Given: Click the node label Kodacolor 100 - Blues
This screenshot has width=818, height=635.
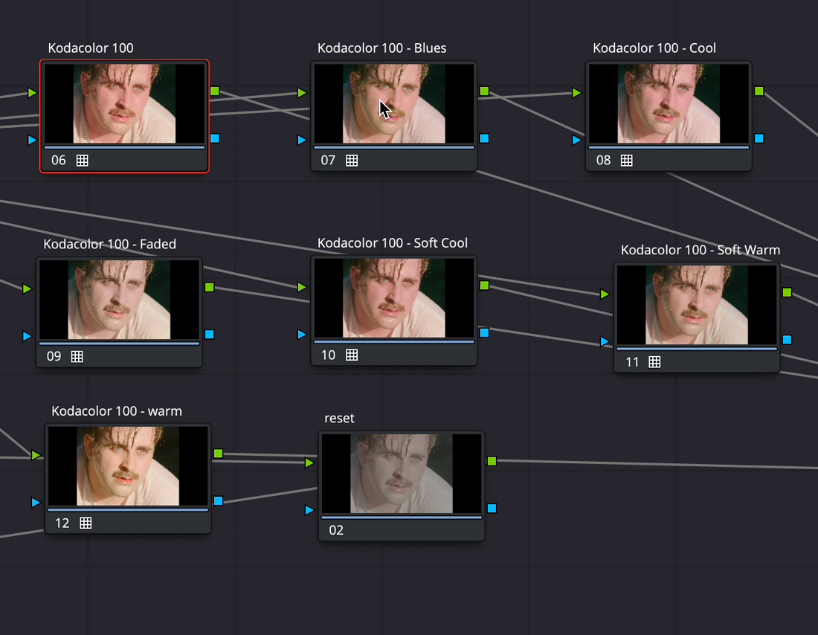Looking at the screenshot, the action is point(382,48).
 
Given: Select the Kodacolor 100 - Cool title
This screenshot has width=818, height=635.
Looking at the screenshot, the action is point(654,48).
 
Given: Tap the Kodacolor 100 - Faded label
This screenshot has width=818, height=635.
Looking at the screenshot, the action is point(109,244).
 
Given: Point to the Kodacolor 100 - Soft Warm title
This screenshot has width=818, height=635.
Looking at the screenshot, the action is point(700,250).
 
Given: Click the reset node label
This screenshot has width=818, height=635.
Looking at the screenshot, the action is point(339,419).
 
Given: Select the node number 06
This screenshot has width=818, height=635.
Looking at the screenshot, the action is point(59,160).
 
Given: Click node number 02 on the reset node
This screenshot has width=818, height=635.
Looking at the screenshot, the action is point(336,530).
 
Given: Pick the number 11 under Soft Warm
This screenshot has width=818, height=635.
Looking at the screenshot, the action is point(632,362).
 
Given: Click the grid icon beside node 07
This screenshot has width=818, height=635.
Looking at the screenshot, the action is point(352,161).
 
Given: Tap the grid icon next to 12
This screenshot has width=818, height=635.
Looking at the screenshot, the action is point(86,523).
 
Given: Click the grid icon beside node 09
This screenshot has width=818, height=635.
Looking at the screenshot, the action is point(77,356).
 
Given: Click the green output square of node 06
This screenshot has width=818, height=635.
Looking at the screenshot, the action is point(215,91).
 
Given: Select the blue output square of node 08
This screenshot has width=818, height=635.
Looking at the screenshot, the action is point(759,138).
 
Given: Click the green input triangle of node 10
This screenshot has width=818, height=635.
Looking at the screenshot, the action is point(301,287).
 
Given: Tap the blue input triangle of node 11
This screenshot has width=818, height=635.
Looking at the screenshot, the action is point(604,342).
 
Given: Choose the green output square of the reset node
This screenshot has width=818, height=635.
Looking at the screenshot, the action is point(492,461).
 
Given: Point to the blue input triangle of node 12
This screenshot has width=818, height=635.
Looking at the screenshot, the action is point(36,503).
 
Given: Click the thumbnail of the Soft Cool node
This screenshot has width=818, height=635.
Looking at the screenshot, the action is point(394,298).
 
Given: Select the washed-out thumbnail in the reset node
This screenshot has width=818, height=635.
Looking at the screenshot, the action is point(401,474).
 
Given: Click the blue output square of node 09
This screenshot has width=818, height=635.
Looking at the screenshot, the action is point(209,335).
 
